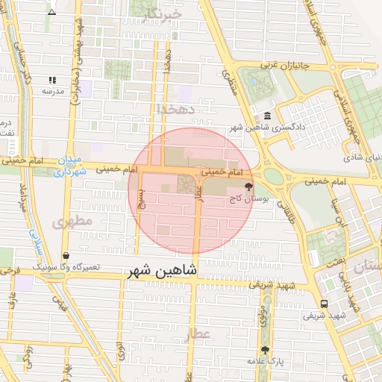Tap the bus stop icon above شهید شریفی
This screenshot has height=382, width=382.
324,304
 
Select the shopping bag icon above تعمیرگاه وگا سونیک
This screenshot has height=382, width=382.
66,255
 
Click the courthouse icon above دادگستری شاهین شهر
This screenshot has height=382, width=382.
267,116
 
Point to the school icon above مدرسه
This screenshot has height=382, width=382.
52,80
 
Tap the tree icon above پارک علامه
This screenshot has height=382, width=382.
264,349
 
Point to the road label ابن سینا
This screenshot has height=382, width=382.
339,211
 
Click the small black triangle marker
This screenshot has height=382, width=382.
51,13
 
